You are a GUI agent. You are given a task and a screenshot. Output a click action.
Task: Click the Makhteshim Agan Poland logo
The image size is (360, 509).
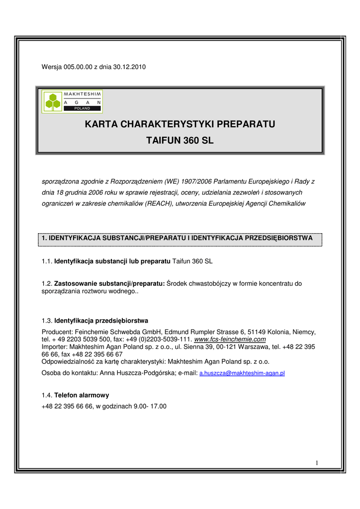coord(72,101)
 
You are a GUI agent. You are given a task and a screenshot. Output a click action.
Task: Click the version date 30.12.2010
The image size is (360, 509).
coord(130,67)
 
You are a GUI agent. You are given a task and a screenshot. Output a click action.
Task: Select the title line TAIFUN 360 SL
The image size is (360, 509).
coord(180,141)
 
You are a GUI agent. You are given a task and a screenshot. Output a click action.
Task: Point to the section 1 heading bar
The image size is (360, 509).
coord(180,239)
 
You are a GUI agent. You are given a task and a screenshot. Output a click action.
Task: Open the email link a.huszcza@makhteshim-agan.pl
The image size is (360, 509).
coord(242,373)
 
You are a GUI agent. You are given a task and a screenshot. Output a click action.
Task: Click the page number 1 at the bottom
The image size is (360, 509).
coord(316,464)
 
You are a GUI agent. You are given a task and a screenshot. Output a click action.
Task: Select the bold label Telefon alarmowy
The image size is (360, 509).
coord(82,395)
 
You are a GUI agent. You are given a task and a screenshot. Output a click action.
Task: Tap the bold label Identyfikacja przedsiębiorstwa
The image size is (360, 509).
coord(101,320)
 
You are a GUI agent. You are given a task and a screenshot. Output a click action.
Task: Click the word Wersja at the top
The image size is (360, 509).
coord(51,67)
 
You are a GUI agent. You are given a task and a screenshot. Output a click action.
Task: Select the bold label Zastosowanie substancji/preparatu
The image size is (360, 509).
coord(109,283)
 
